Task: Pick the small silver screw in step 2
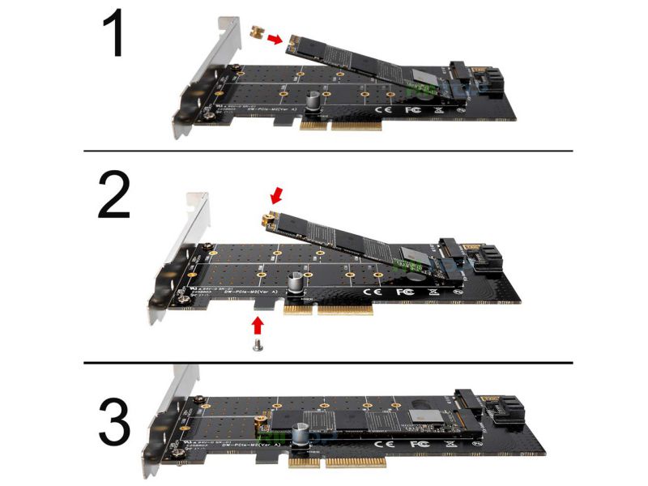(x=258, y=346)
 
